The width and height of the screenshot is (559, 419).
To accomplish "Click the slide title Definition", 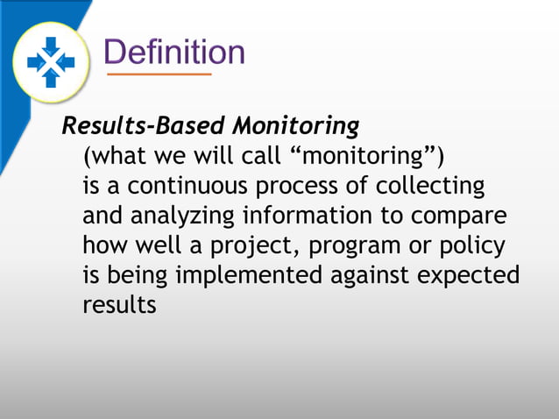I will point(173,52).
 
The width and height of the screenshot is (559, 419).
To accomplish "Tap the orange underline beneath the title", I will point(159,75).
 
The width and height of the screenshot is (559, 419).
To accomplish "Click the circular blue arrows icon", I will point(51,60).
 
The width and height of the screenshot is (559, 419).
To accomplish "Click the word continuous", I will point(184,187).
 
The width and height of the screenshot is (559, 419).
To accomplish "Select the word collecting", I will point(431,187).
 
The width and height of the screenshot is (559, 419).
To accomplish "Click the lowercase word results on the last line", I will point(119,305).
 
